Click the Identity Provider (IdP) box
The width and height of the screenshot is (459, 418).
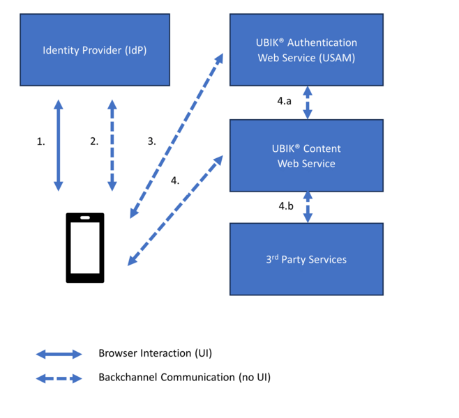[95, 50]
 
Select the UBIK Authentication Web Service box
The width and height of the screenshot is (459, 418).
[306, 50]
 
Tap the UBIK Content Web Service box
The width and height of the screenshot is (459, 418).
[306, 156]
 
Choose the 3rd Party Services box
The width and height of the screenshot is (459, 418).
[306, 259]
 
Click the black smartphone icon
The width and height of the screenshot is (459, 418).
[85, 248]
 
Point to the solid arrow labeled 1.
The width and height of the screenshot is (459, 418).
[59, 145]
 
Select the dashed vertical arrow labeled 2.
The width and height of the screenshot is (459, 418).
[112, 145]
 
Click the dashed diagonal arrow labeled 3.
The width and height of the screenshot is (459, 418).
[177, 135]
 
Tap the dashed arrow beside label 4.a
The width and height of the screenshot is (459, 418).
[307, 102]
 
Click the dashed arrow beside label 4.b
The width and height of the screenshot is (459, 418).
[307, 206]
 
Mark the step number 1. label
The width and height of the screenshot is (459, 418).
[40, 141]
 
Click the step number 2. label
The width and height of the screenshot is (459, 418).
[94, 141]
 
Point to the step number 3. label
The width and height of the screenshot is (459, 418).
[151, 141]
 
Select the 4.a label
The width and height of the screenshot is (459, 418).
[284, 101]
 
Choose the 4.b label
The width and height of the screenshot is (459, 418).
[285, 206]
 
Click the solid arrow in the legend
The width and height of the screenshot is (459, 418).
[59, 354]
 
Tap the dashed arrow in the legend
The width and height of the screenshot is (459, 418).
[59, 378]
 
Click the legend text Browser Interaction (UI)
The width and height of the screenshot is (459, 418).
[155, 354]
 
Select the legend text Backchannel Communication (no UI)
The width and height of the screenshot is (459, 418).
[184, 378]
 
